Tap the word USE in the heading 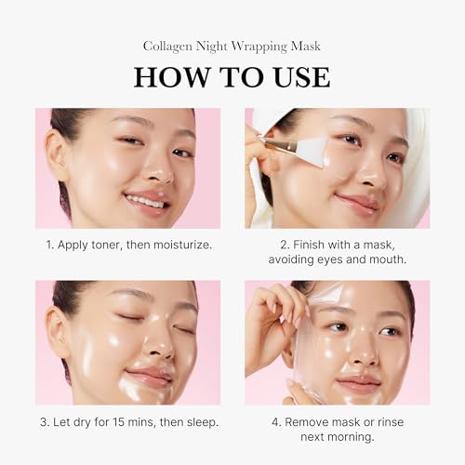[x=290, y=76]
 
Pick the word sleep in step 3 [x=200, y=422]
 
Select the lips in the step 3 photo [x=151, y=377]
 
